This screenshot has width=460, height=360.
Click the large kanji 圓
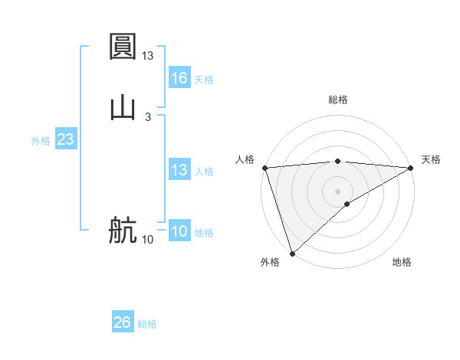pos(123,47)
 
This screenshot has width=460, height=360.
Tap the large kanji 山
pos(123,107)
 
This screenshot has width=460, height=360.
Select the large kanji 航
pos(123,231)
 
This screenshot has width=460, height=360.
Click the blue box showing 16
pos(179,78)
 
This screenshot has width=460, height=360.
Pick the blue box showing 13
pos(179,170)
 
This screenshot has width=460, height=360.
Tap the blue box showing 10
pos(179,231)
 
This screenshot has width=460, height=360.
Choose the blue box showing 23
pos(65,140)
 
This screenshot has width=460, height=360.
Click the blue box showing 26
pos(122,322)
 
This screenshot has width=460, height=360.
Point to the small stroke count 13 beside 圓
pos(148,55)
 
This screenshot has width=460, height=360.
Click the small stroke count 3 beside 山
pos(148,116)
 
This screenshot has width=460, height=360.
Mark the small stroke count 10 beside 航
pos(148,240)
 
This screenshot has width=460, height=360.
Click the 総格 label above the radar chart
pos(338,100)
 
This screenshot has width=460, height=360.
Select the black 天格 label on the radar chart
pos(431,159)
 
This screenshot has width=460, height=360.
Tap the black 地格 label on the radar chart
pos(402,262)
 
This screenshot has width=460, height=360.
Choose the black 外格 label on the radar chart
pos(270,262)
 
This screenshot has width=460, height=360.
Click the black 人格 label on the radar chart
pos(245,159)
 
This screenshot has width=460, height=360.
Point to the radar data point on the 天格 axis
pos(411,168)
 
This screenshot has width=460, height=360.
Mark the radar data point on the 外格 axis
pos(292,253)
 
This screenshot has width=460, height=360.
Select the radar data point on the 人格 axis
pos(264,168)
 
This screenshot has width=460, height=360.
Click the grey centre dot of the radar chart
pos(337,191)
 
